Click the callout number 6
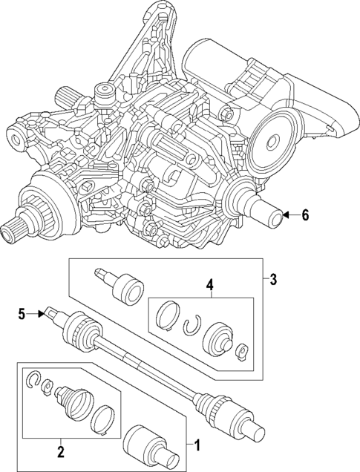[x=304, y=215]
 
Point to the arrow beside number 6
[x=291, y=215]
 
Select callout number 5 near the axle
[x=22, y=314]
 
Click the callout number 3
[x=273, y=280]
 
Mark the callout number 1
[x=197, y=445]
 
